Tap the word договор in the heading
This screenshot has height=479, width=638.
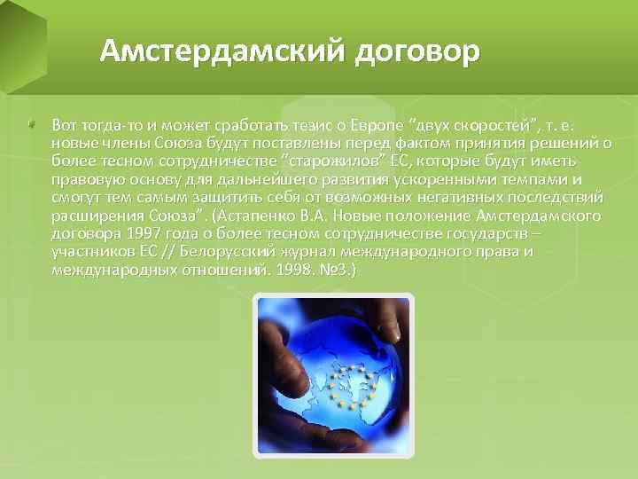coord(416,52)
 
